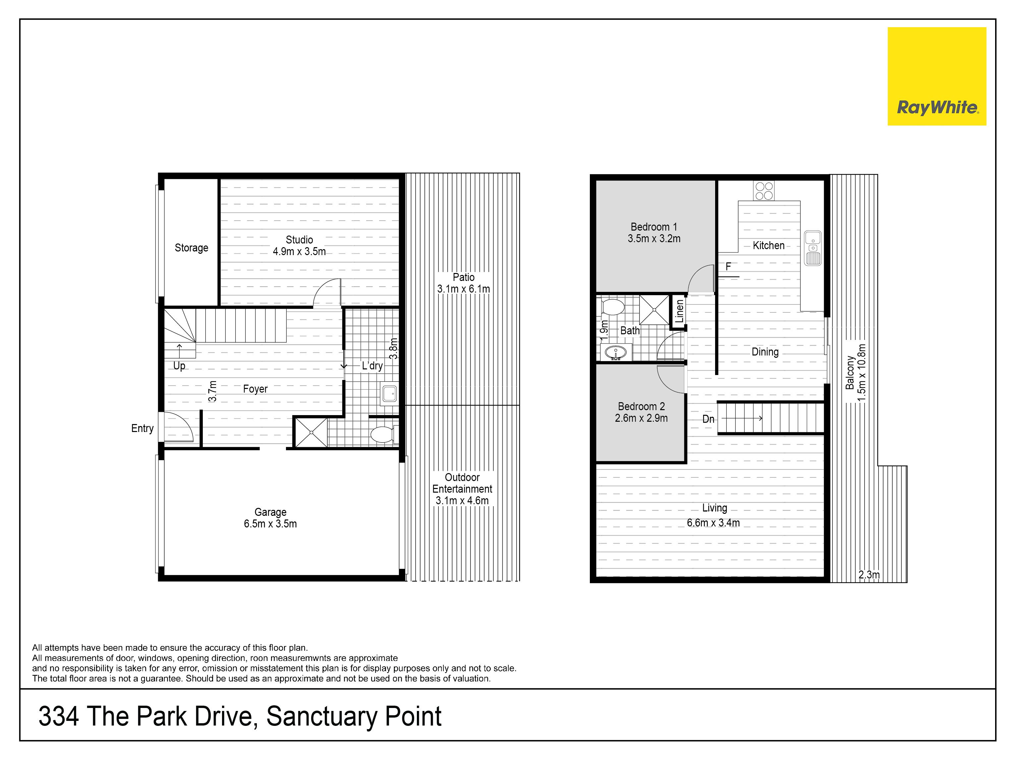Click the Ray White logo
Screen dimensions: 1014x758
click(x=937, y=76)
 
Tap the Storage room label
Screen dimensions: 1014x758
click(x=191, y=248)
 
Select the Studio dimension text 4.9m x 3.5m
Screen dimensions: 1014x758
click(x=299, y=251)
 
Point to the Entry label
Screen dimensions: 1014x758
click(x=142, y=428)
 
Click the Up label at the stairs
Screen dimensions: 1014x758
click(x=179, y=366)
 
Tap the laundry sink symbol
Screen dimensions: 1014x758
click(x=390, y=394)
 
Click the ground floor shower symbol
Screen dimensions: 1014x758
click(x=311, y=432)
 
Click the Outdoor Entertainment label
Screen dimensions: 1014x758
click(x=462, y=483)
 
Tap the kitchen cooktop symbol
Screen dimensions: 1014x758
click(x=764, y=191)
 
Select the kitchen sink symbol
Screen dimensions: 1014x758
click(x=813, y=248)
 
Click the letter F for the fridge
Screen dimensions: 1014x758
click(x=728, y=267)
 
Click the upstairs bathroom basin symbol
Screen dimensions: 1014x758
click(x=616, y=352)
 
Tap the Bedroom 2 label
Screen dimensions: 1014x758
click(x=641, y=406)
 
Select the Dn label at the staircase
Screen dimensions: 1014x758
click(x=708, y=419)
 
